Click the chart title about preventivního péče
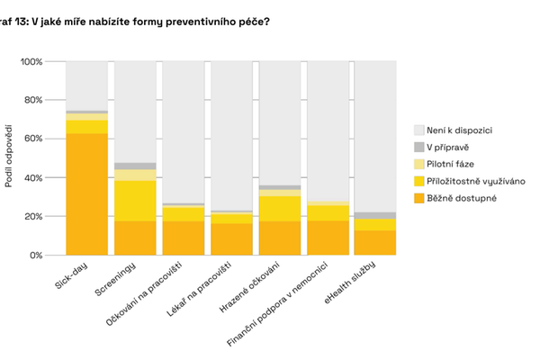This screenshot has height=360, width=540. click(x=134, y=21)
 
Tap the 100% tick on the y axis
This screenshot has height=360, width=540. click(x=43, y=61)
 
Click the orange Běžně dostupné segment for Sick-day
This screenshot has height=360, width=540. click(x=86, y=194)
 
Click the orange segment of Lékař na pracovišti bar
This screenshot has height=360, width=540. click(x=231, y=239)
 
